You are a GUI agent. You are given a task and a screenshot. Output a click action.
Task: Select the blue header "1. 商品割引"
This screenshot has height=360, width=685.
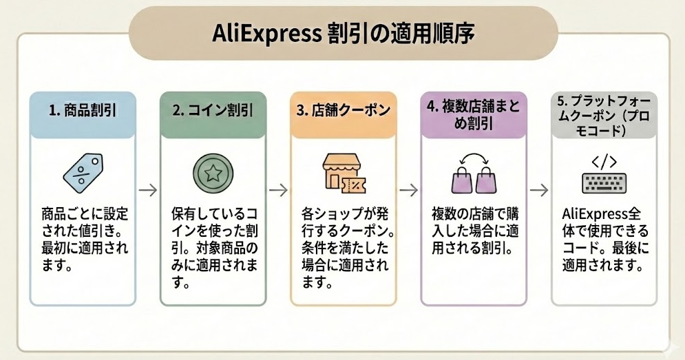82,109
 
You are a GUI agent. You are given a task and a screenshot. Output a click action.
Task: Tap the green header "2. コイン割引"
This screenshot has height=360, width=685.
212,109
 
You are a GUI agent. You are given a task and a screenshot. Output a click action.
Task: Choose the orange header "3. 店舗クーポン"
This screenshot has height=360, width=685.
343,109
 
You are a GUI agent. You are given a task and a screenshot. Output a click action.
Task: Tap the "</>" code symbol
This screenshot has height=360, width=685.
604,162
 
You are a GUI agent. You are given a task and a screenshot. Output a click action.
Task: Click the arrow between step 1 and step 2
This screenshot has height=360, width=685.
147,190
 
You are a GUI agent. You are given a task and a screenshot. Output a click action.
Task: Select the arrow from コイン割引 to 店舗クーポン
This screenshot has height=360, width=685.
277,190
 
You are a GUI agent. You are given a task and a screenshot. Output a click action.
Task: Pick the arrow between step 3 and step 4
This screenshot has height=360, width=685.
408,190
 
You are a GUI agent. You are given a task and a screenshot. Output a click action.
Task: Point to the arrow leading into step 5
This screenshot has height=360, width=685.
538,190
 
